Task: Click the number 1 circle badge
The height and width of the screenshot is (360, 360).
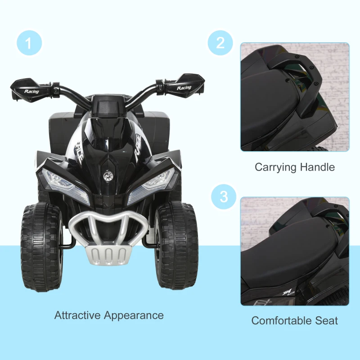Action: tap(29, 44)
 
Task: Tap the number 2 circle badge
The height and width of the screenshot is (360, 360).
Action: tap(220, 43)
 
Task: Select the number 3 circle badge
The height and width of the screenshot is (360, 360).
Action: tap(220, 197)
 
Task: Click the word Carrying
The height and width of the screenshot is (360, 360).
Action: tap(275, 167)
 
